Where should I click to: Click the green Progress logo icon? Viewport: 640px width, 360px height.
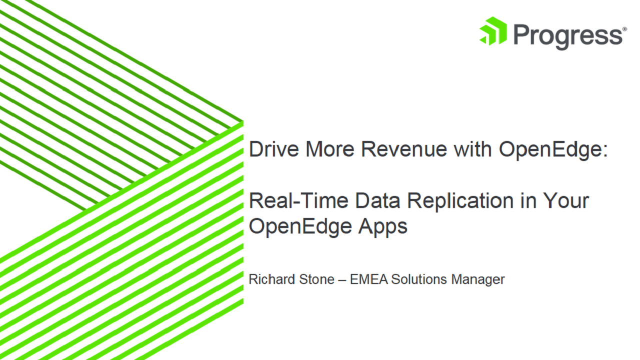[493, 31]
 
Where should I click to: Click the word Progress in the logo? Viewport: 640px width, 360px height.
[568, 36]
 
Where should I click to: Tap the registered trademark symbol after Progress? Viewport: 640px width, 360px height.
[624, 29]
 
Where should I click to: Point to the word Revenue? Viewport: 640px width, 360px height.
[404, 149]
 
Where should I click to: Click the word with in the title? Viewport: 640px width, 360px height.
[472, 148]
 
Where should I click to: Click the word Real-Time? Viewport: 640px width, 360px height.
[298, 200]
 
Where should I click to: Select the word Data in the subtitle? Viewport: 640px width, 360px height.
[377, 200]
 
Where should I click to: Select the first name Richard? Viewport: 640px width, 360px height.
[271, 279]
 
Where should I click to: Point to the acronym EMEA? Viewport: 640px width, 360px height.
[369, 279]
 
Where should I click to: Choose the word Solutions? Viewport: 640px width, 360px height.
[419, 279]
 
